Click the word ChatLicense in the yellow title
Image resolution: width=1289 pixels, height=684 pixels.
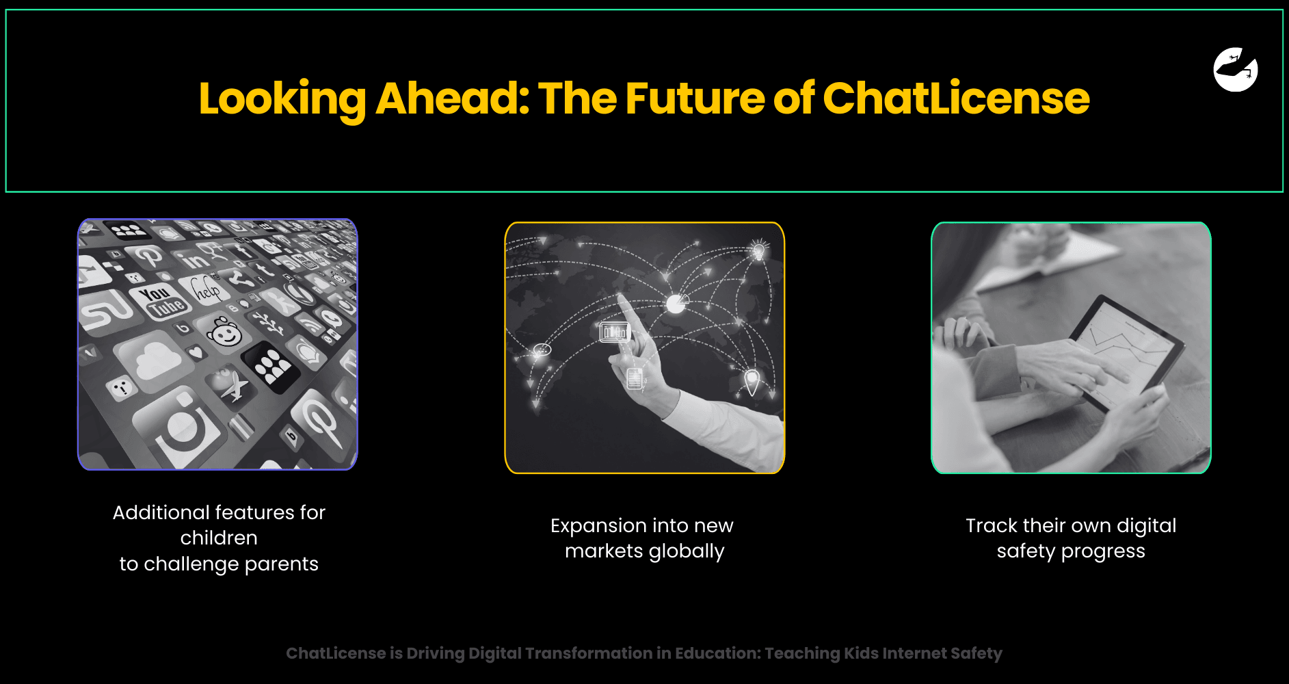[956, 98]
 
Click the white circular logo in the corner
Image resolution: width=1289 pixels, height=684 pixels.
[1236, 69]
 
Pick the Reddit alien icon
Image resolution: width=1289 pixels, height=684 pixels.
[224, 332]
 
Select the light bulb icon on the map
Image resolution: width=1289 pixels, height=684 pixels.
[758, 250]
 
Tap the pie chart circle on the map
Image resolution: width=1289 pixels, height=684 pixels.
[676, 303]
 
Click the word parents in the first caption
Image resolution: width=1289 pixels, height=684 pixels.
[282, 564]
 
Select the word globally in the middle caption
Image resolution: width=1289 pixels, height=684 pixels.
[687, 551]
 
